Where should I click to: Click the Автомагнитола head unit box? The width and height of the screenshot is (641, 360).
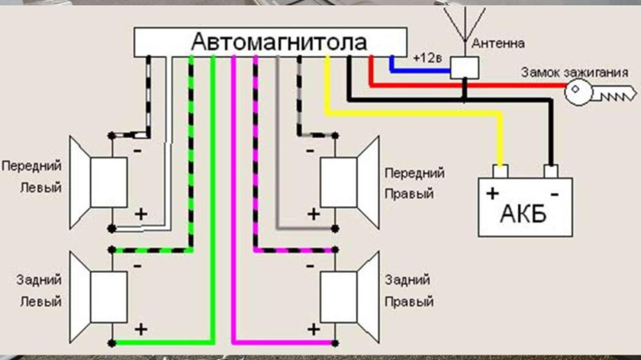(x=271, y=42)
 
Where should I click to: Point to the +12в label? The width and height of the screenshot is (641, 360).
(x=424, y=58)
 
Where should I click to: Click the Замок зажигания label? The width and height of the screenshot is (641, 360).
(x=575, y=73)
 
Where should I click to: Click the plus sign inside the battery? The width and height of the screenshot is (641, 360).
(x=493, y=191)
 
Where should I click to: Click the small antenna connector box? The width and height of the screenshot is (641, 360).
(x=464, y=68)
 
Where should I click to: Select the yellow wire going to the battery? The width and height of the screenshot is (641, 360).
(x=412, y=114)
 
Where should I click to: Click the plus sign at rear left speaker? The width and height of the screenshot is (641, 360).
(x=140, y=329)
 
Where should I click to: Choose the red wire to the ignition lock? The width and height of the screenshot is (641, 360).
(x=473, y=85)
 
